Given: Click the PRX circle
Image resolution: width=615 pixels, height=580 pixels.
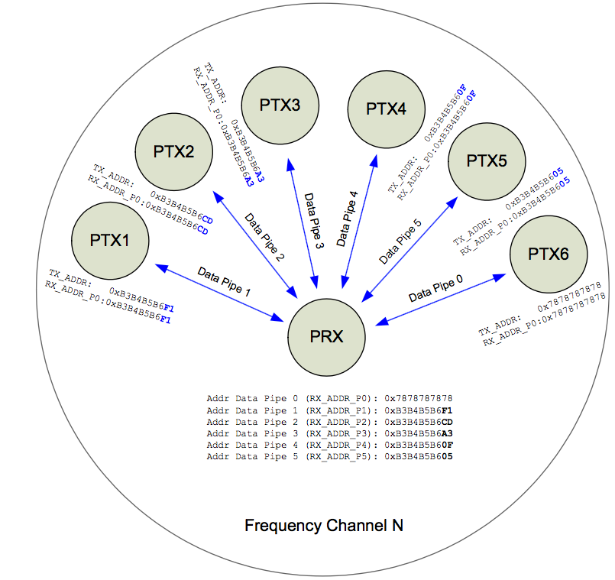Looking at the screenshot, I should (x=327, y=337).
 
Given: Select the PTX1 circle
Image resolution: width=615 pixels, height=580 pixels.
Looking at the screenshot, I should (x=109, y=239).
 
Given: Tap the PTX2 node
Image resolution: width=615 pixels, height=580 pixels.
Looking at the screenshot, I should (x=173, y=151).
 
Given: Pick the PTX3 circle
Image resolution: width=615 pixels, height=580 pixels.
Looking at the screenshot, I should (x=280, y=105).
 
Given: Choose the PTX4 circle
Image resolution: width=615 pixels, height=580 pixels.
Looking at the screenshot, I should (x=386, y=108).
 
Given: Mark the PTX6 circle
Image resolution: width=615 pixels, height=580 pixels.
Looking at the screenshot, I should (x=549, y=254).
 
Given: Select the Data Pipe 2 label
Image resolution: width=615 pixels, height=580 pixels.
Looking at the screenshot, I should (x=264, y=238).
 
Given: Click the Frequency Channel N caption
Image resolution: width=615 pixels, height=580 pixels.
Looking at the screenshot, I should (x=324, y=526).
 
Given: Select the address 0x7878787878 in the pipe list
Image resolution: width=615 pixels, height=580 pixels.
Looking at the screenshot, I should (x=419, y=399).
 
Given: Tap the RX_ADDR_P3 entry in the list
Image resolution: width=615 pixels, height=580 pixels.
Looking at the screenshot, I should (x=338, y=433).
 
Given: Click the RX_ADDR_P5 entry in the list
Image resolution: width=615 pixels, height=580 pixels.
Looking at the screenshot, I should (x=338, y=456).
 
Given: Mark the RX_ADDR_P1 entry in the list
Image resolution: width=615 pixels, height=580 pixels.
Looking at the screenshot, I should (x=338, y=410).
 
